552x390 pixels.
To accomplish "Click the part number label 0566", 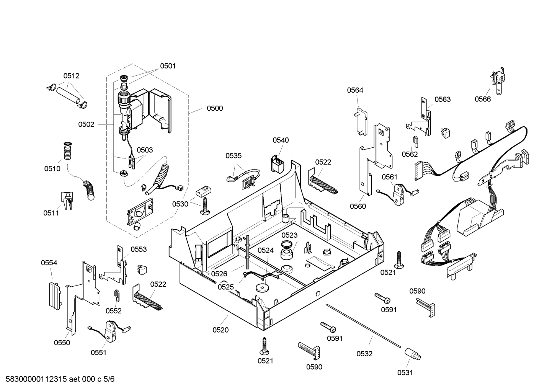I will [x=482, y=99].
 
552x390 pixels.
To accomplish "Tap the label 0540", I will [x=281, y=140].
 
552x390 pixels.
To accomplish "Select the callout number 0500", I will [x=215, y=108].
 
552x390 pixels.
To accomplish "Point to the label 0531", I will [x=405, y=373].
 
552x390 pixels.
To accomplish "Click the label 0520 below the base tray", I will [x=220, y=330].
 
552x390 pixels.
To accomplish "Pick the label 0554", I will [x=49, y=263].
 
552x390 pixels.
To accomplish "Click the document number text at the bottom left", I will [x=57, y=379].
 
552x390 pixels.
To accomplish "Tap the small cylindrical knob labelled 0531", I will [x=413, y=354].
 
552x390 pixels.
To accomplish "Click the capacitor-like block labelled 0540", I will [x=277, y=165].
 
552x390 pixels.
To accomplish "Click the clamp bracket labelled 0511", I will [x=67, y=201].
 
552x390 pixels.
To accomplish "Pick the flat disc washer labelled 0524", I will [x=262, y=287].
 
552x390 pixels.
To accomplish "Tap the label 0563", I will [x=443, y=99].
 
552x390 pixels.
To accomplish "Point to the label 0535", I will [x=234, y=156].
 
